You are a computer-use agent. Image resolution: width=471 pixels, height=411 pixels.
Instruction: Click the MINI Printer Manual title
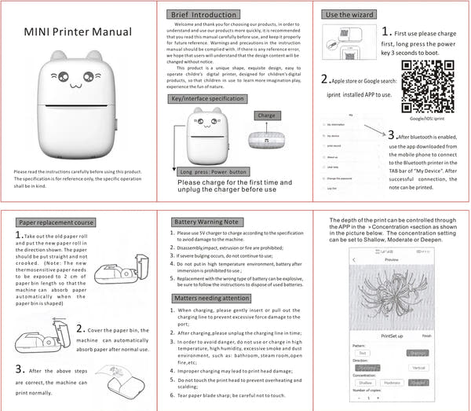tap(77, 32)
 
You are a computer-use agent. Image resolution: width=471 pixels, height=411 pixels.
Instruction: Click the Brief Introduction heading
tap(203, 15)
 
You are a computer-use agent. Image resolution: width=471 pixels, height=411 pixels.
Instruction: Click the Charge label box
tap(266, 116)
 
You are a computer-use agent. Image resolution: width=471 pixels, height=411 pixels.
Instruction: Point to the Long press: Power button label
tap(213, 171)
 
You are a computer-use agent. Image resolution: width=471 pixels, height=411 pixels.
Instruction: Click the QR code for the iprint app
tap(423, 75)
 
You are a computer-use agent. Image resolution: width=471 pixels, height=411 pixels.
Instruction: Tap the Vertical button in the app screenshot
tap(418, 366)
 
